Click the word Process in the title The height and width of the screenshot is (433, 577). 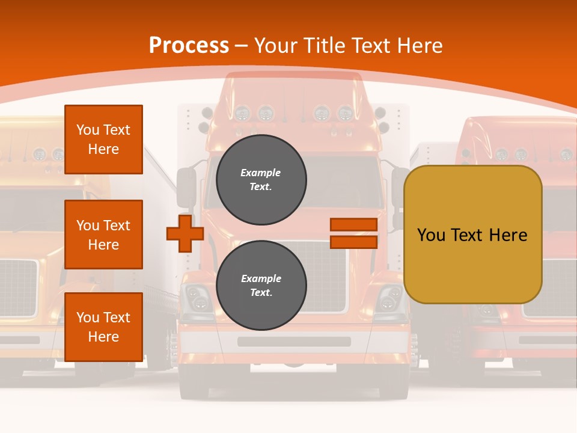pyautogui.click(x=189, y=46)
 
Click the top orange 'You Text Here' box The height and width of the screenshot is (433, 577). pyautogui.click(x=103, y=140)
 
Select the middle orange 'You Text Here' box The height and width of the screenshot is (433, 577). pyautogui.click(x=103, y=235)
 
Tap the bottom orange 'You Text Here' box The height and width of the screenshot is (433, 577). pyautogui.click(x=103, y=327)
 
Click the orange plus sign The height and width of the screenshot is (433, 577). pyautogui.click(x=185, y=233)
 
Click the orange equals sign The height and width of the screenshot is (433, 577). pyautogui.click(x=353, y=233)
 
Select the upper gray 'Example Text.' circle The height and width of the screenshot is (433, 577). pyautogui.click(x=261, y=179)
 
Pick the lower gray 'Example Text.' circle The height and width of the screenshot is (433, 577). pyautogui.click(x=261, y=285)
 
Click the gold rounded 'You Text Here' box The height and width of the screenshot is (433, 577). pyautogui.click(x=472, y=235)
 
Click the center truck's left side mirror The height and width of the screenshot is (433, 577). pyautogui.click(x=186, y=187)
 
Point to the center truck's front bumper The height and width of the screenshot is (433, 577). pyautogui.click(x=294, y=342)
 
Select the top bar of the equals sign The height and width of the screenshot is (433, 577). pyautogui.click(x=353, y=225)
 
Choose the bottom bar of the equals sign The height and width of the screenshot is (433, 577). pyautogui.click(x=353, y=242)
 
